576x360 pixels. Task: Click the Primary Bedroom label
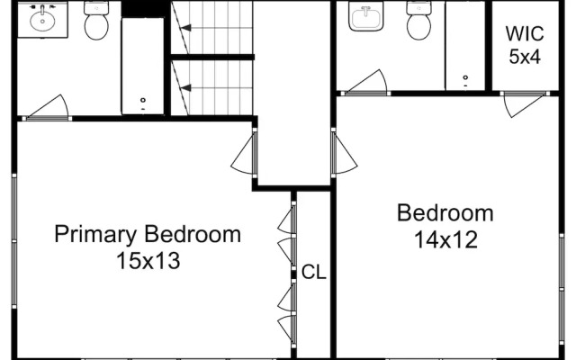coord(148,235)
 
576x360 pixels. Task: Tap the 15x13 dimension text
coord(148,262)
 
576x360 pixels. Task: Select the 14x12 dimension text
coord(445,240)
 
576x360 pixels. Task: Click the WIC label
coord(524,34)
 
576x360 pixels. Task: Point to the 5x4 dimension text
coord(524,56)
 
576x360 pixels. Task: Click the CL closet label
coord(313,272)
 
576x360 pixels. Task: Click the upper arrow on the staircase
coord(185,28)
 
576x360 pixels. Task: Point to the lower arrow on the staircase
coord(185,87)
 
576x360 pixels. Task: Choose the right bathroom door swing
coord(367,82)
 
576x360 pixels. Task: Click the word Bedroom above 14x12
coord(445,214)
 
